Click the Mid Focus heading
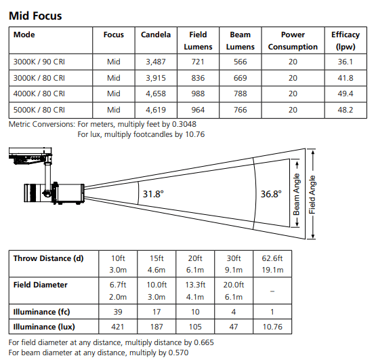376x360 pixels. (x=35, y=16)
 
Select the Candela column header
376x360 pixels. (x=156, y=35)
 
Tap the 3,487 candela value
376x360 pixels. (x=156, y=62)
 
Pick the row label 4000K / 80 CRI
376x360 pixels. (x=39, y=94)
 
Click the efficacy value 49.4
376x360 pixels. (x=346, y=94)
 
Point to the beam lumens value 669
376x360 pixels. (x=240, y=78)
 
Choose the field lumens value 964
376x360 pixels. (x=198, y=110)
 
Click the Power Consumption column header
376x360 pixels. (x=293, y=41)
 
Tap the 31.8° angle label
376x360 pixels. (x=153, y=194)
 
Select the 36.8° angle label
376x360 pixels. (x=271, y=194)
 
